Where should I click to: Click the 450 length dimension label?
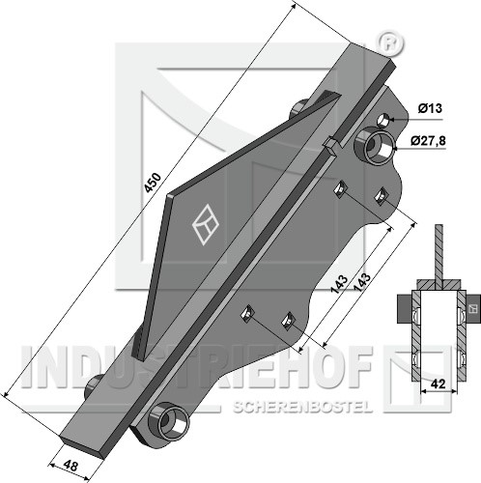(x=153, y=183)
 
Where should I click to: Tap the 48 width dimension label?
(x=71, y=466)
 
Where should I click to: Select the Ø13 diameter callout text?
(x=430, y=108)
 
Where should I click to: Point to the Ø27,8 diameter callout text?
(x=428, y=141)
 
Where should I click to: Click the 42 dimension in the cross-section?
(x=439, y=384)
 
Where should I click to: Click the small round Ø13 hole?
(x=383, y=120)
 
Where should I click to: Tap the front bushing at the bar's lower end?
(x=168, y=420)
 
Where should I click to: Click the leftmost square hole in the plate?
(x=247, y=313)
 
